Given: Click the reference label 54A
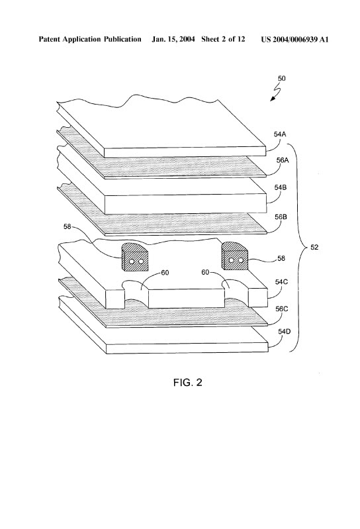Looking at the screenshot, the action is pyautogui.click(x=280, y=134).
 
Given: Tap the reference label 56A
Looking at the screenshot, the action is pyautogui.click(x=283, y=160).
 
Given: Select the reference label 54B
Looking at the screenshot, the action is pyautogui.click(x=281, y=187).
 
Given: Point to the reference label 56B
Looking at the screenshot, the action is pyautogui.click(x=281, y=216).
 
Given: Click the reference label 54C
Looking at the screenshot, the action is pyautogui.click(x=281, y=282).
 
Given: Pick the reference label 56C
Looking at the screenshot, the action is pyautogui.click(x=282, y=309).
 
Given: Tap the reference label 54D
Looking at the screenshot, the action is pyautogui.click(x=284, y=331).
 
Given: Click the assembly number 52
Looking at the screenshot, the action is pyautogui.click(x=314, y=248).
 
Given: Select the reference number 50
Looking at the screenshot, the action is pyautogui.click(x=281, y=78).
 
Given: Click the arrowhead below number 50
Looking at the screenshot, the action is pyautogui.click(x=273, y=98).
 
